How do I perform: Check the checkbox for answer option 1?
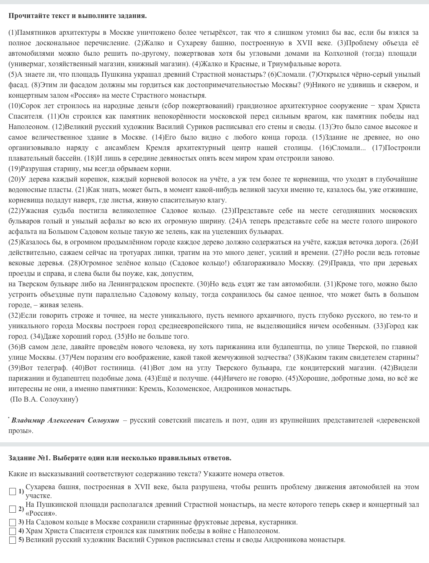tap(13, 491)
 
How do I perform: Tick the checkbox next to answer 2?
tap(13, 509)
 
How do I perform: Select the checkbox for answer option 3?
tap(13, 522)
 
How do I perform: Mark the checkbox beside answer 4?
tap(13, 531)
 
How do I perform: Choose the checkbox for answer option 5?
tap(13, 540)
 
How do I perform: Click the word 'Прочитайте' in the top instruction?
tap(27, 16)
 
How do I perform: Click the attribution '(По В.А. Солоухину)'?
tap(44, 399)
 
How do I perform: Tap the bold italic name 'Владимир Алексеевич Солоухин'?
tap(65, 420)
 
